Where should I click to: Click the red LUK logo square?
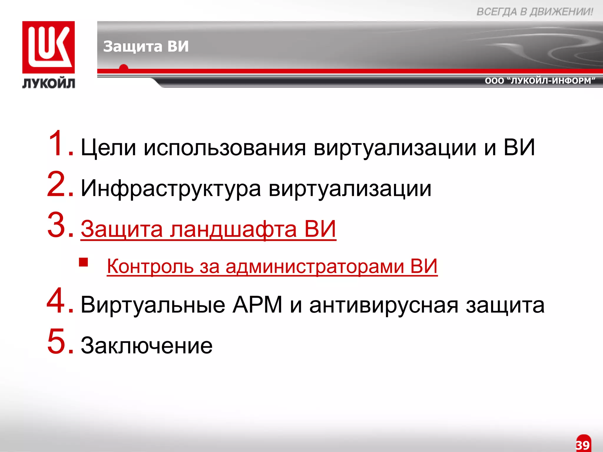(x=49, y=47)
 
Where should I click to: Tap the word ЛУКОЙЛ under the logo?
(x=49, y=83)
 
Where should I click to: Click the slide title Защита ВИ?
(x=146, y=46)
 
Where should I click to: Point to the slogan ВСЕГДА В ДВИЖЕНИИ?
(x=535, y=12)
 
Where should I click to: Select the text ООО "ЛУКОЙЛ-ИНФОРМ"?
(x=540, y=81)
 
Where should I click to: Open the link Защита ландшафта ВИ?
(x=208, y=229)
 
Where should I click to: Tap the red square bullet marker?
(x=84, y=262)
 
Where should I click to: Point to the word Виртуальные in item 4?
(x=153, y=305)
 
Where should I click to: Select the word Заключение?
(x=147, y=345)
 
